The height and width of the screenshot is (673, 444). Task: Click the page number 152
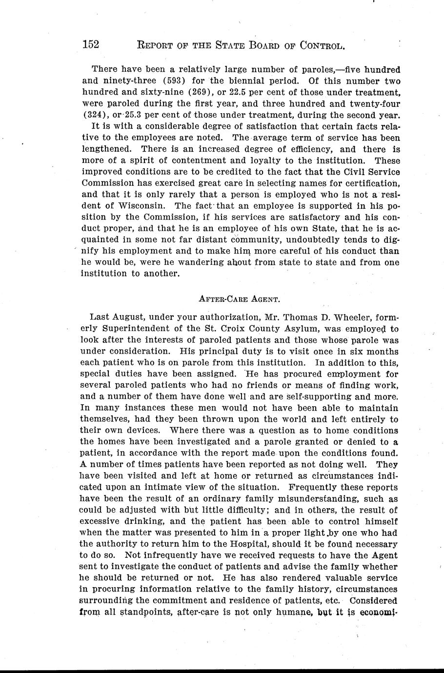(91, 45)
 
